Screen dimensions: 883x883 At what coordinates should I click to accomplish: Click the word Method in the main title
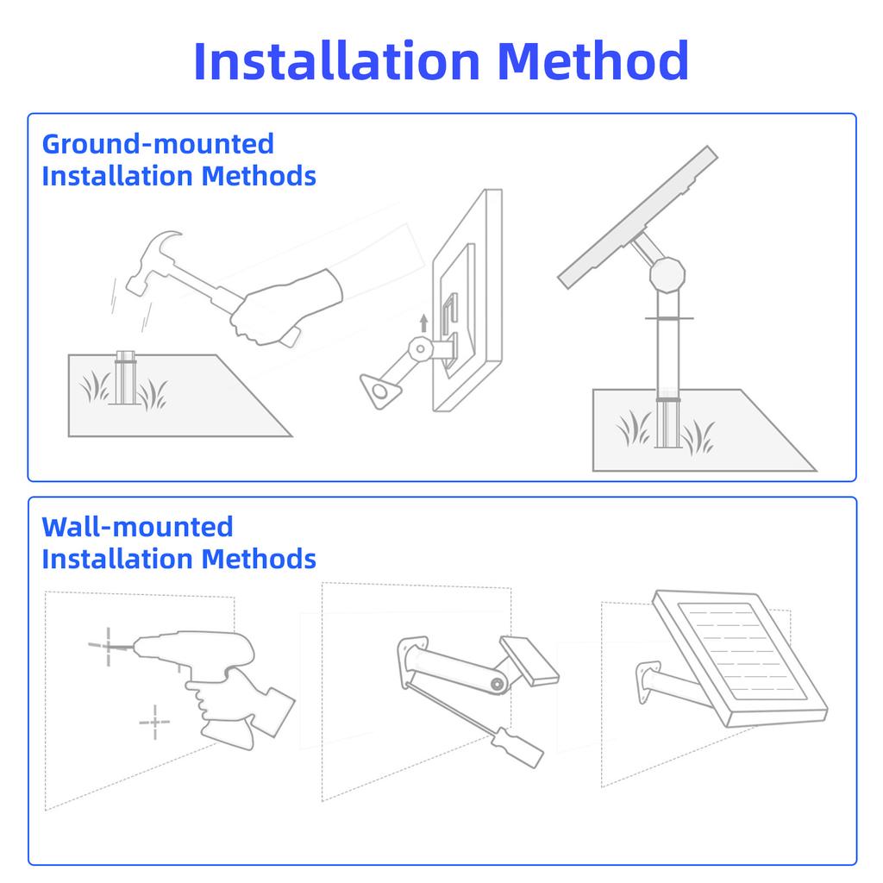click(x=593, y=60)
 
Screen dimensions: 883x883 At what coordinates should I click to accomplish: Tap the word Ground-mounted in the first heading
click(x=159, y=144)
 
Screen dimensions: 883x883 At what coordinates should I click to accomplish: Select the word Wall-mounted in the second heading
click(x=137, y=527)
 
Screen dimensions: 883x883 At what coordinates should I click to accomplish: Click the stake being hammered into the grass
click(x=126, y=378)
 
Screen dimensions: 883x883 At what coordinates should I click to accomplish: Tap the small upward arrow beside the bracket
click(x=424, y=323)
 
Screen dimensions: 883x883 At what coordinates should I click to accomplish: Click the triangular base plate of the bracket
click(x=380, y=390)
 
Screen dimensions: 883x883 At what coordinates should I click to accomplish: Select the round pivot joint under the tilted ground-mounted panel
click(x=667, y=275)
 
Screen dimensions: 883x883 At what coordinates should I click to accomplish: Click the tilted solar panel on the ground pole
click(x=637, y=217)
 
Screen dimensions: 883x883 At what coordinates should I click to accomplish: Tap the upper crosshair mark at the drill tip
click(x=108, y=646)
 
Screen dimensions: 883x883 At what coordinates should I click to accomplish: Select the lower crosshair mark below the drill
click(x=155, y=722)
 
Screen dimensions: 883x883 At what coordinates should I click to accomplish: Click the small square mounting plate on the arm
click(x=529, y=661)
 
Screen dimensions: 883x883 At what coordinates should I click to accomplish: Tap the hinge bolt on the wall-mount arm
click(x=497, y=684)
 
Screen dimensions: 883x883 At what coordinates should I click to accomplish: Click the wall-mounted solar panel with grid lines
click(x=740, y=658)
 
